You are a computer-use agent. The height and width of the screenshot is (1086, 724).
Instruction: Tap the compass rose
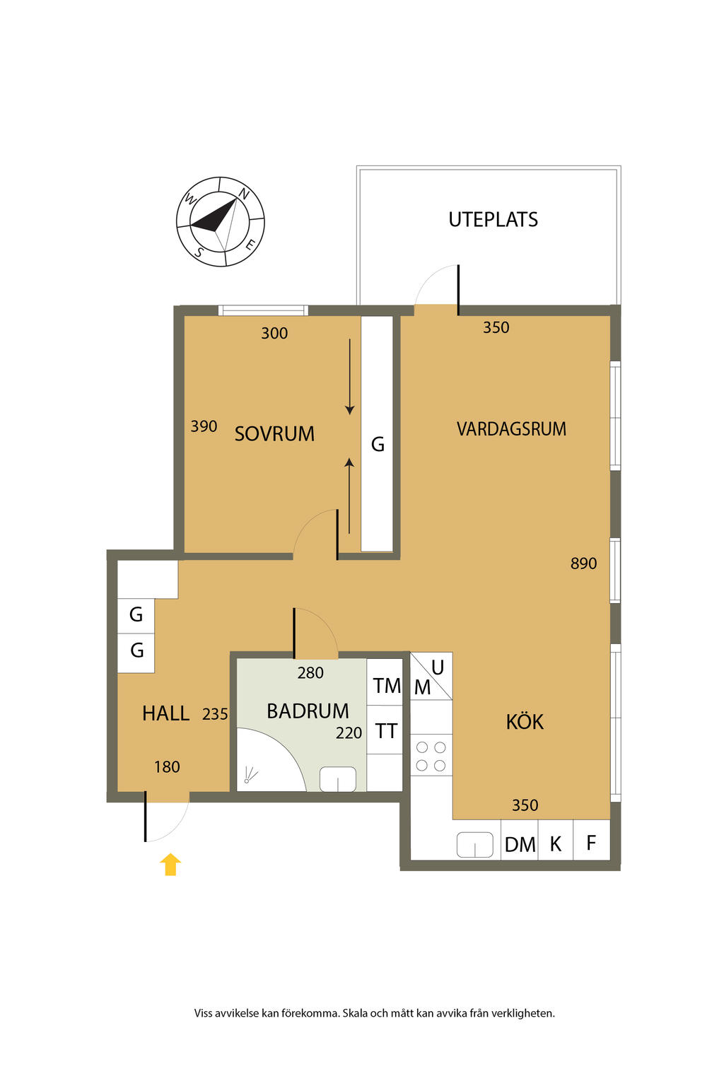coord(220,221)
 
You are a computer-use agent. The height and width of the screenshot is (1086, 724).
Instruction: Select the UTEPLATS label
coord(493,220)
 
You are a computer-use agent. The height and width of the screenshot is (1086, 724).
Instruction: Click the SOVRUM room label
coord(274,433)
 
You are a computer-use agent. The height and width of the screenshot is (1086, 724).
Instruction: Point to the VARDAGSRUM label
coord(511,428)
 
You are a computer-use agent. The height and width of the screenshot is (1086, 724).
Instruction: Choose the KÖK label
coord(525,721)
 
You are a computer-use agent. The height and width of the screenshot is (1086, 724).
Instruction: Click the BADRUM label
coord(308,711)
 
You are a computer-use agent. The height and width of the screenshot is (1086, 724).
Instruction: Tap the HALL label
coord(166,713)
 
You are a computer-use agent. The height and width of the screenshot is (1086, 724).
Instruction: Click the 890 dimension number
coord(583,563)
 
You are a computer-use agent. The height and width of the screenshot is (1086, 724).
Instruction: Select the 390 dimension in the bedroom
coord(204,426)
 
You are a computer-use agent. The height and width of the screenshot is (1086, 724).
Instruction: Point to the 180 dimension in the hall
coord(167,766)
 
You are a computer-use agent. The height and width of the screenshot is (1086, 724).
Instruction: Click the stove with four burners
coord(431,755)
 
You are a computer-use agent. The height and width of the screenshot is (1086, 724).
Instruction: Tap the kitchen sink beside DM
coord(474,844)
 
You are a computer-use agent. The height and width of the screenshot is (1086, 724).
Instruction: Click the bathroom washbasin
coord(337,779)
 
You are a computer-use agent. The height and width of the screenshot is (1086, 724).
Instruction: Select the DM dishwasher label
coord(520,845)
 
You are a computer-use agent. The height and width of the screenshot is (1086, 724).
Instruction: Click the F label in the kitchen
coord(590,843)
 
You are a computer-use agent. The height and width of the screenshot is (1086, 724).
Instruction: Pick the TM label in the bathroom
coord(387,686)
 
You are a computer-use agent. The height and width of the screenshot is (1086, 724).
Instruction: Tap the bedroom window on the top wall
coord(263,310)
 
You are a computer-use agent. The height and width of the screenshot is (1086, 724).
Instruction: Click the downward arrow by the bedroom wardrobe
coord(349,377)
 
